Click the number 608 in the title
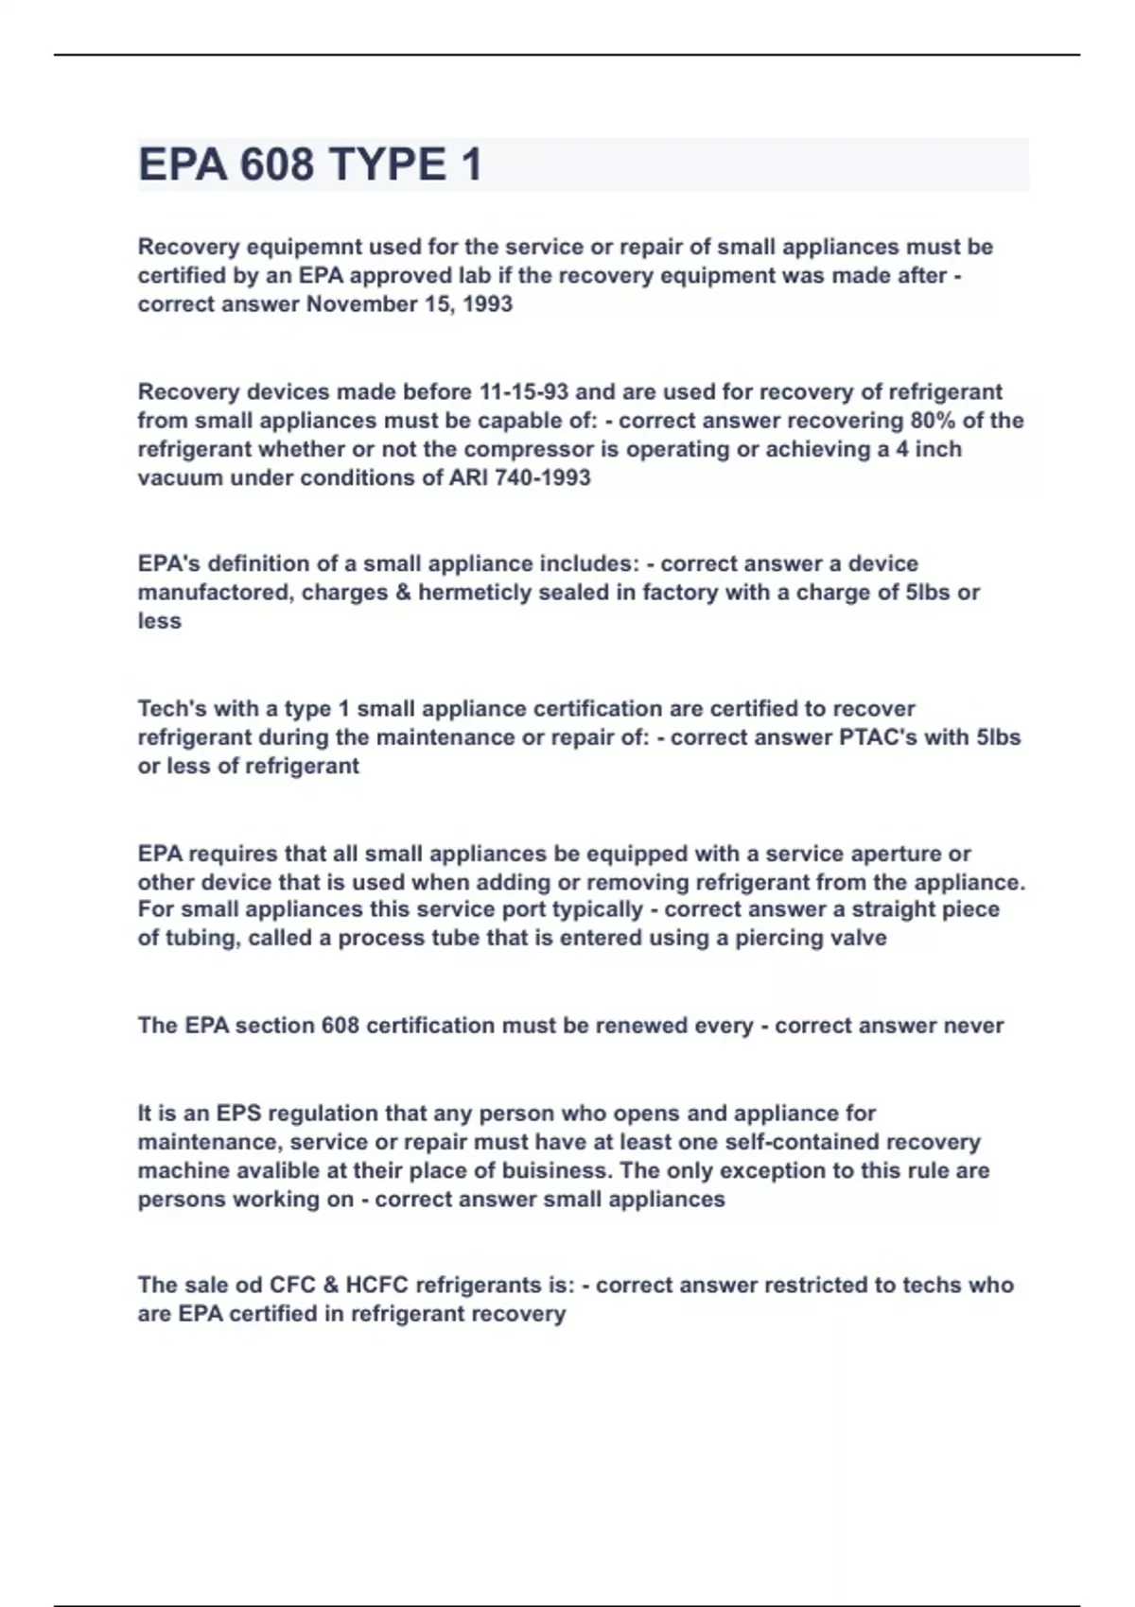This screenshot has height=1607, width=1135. [276, 164]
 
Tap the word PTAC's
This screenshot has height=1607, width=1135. [878, 737]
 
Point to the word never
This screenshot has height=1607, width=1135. [973, 1026]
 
